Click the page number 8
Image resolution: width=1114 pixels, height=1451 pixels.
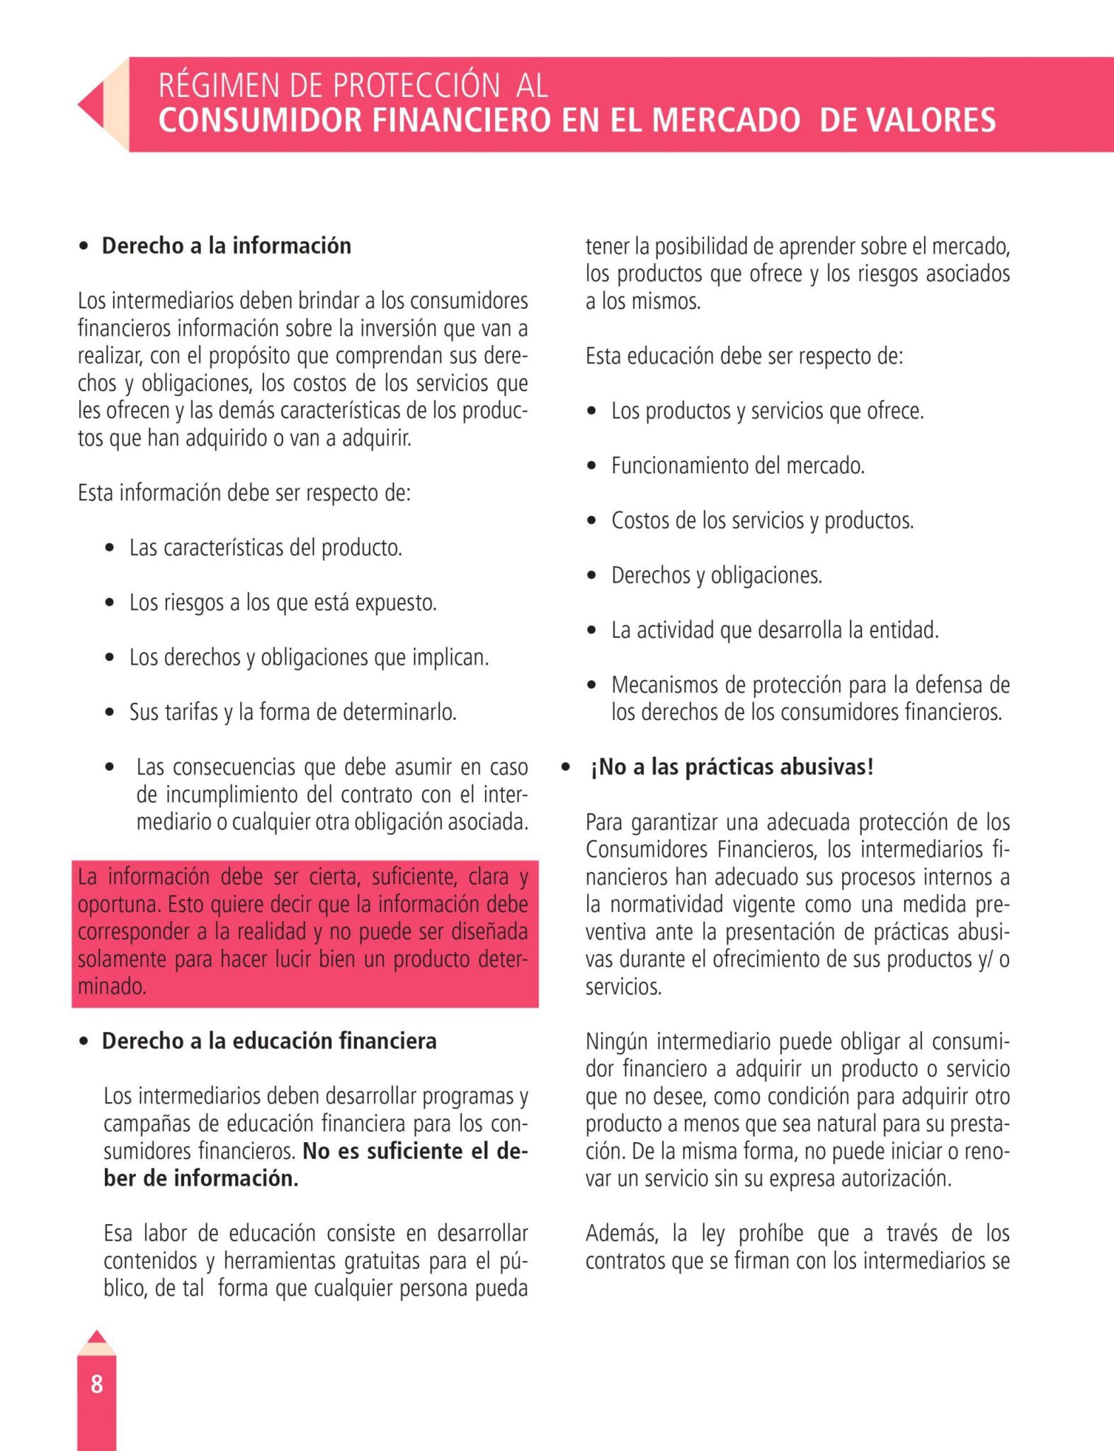point(97,1383)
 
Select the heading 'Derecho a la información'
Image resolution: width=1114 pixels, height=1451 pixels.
point(227,246)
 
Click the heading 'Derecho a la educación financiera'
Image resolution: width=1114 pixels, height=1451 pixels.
point(269,1041)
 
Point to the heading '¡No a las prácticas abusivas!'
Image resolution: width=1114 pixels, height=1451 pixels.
point(732,767)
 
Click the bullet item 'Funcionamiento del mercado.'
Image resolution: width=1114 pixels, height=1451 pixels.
point(738,466)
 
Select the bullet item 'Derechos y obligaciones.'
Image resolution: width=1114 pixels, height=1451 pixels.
point(717,575)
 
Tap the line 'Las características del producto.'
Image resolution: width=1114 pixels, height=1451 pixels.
point(266,548)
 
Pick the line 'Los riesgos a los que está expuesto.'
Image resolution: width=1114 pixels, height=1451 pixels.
point(283,603)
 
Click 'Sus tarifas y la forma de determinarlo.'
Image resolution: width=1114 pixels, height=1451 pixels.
point(292,712)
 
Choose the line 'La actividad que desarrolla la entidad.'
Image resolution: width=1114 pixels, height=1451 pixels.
point(775,630)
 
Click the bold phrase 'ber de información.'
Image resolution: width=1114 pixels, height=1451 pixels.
point(201,1178)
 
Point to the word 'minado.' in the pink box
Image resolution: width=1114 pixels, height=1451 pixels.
point(112,986)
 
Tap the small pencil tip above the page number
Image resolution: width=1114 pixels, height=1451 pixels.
point(97,1338)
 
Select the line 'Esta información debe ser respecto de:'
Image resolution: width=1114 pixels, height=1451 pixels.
point(244,493)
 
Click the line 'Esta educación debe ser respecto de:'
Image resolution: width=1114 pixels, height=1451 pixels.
point(744,356)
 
